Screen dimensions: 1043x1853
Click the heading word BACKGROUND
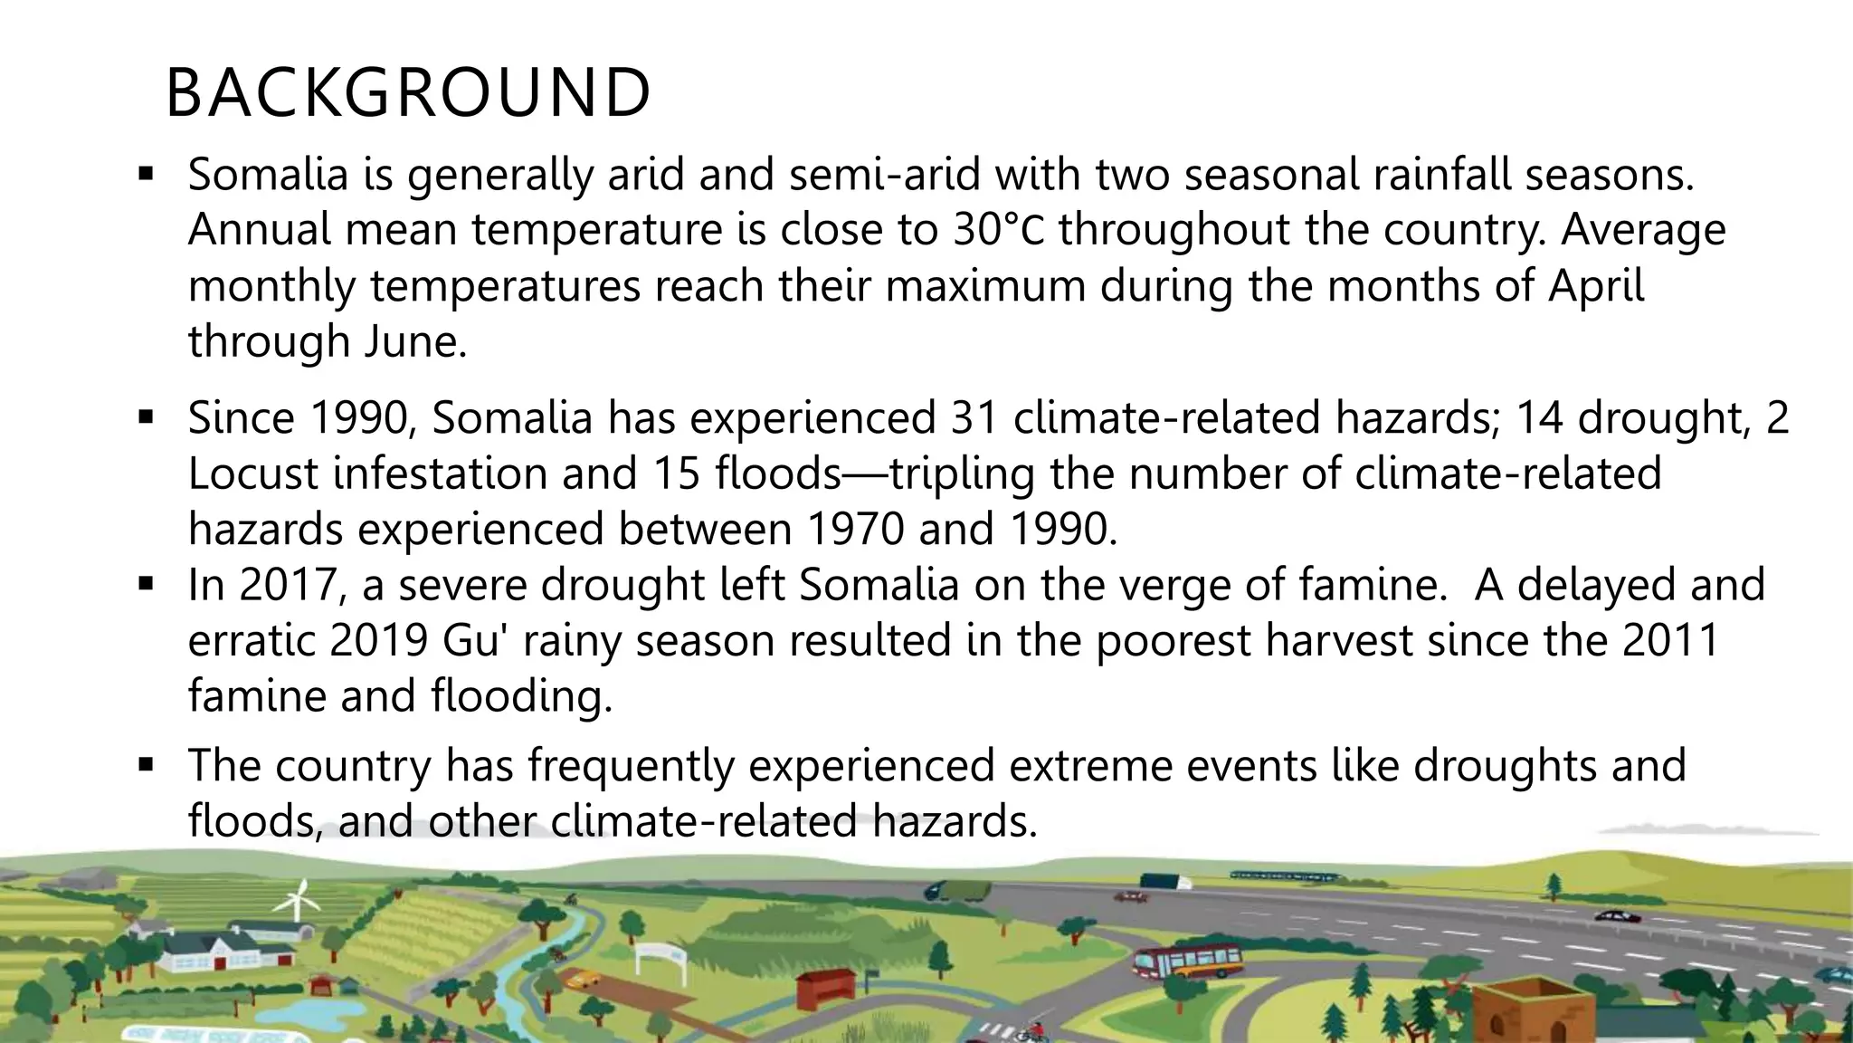coord(407,93)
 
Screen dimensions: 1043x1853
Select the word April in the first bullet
coord(1596,286)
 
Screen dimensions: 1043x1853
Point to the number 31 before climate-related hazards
coord(974,418)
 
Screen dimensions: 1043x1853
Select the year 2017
coord(293,586)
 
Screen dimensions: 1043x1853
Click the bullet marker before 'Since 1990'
coord(146,417)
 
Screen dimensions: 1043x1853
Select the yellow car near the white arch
coord(584,979)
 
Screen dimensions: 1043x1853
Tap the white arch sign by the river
coord(660,953)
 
